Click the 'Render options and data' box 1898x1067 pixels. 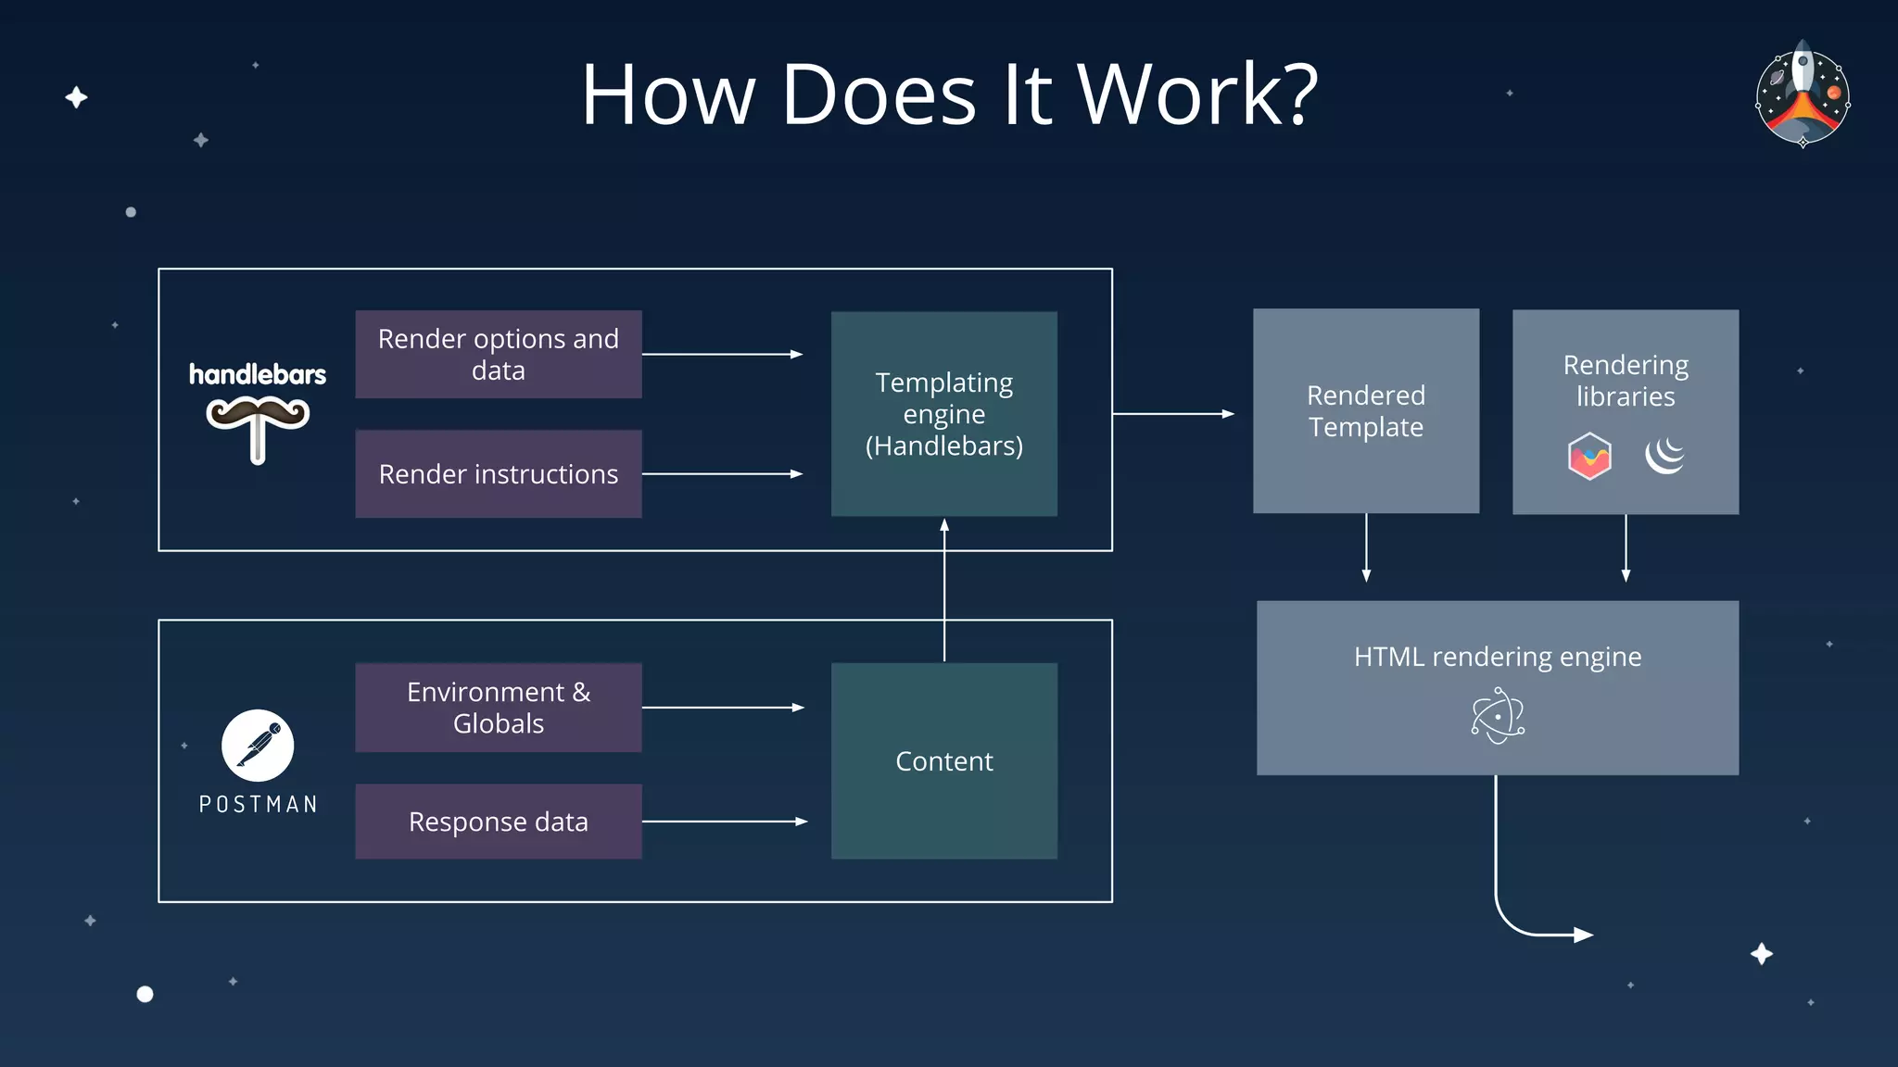coord(498,355)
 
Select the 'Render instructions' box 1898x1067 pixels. coord(498,474)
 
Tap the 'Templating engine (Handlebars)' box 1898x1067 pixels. coord(943,414)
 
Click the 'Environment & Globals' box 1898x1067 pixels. coord(498,708)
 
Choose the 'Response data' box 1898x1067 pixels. coord(498,822)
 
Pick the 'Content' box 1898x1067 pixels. coord(943,761)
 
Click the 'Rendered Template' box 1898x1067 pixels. coord(1365,411)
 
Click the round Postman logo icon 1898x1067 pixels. coord(258,746)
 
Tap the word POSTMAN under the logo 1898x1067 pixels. coord(259,804)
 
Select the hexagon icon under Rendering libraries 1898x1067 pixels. coord(1588,456)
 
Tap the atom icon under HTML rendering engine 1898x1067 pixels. coord(1497,716)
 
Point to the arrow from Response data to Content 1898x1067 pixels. coord(724,822)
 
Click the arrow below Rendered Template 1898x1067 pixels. coord(1365,547)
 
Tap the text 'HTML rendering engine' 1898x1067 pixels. coord(1497,657)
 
